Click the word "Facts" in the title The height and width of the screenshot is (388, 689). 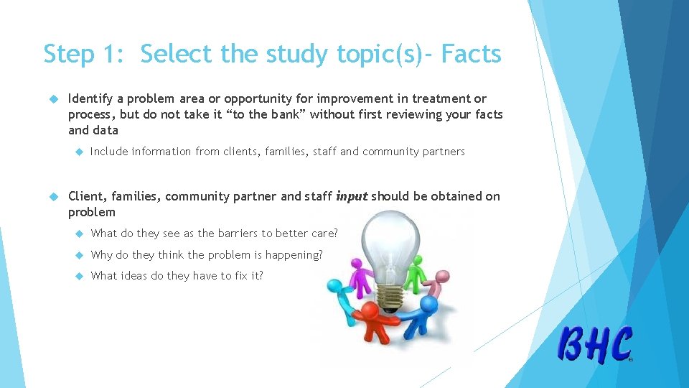click(472, 54)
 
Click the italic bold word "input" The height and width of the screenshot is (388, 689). click(351, 196)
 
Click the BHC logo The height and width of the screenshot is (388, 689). click(596, 344)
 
